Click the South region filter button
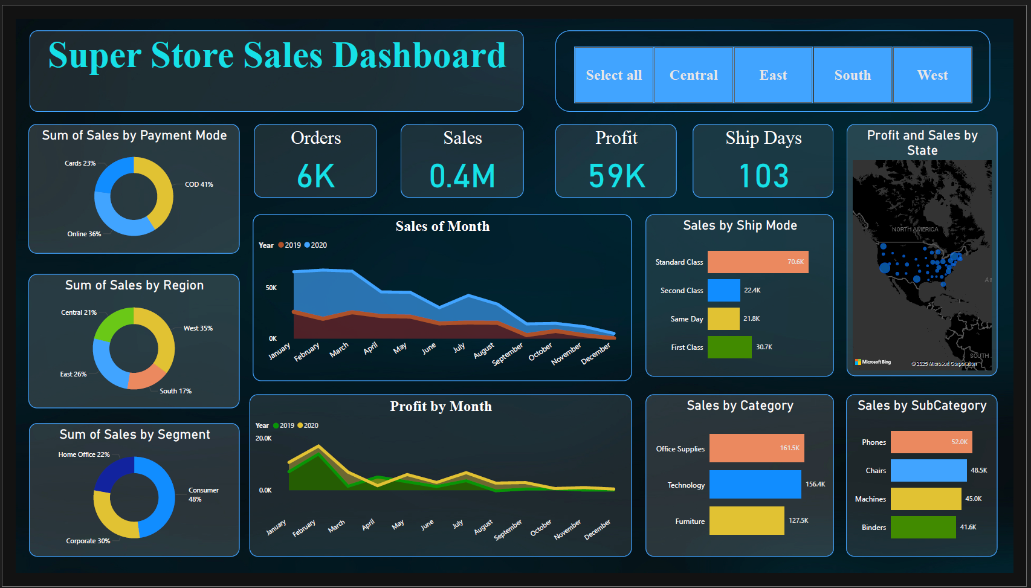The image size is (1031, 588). (x=852, y=75)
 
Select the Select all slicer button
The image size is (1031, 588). (x=613, y=75)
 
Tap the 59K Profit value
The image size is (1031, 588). (x=616, y=176)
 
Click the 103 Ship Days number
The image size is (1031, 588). (x=763, y=176)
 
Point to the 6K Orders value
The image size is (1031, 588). (x=315, y=176)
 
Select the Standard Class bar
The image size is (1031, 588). (x=757, y=262)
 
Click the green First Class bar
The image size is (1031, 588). (x=729, y=347)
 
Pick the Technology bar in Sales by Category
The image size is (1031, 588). (x=755, y=485)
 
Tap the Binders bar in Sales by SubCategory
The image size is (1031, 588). (x=923, y=528)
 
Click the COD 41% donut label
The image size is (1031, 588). (x=199, y=184)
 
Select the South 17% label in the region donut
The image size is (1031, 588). (x=175, y=391)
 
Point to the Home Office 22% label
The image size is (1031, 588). (x=84, y=454)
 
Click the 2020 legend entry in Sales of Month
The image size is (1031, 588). (x=315, y=245)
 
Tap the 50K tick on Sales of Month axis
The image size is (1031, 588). (x=271, y=288)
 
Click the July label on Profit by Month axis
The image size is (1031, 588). (x=458, y=524)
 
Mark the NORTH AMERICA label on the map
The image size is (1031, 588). (x=914, y=230)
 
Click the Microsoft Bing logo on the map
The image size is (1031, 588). (x=873, y=362)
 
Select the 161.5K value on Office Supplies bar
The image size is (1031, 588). (x=789, y=448)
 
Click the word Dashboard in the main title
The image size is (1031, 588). (x=419, y=56)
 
